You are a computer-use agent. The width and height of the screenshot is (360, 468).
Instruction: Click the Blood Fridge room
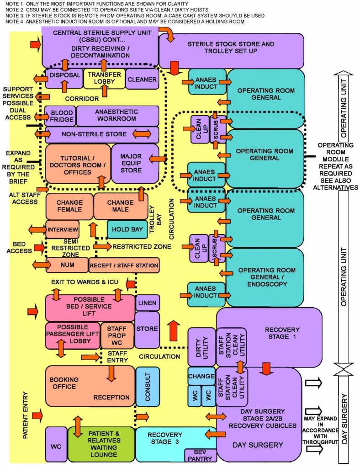coord(59,116)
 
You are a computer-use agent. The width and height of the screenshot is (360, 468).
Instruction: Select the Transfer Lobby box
coord(104,79)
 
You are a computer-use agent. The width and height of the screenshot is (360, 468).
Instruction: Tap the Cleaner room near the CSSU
coord(142,79)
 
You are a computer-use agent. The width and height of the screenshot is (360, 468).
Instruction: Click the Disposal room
coord(64,75)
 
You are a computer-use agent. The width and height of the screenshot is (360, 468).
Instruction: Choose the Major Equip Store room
coord(131,163)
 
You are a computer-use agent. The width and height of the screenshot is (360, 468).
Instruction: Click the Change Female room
coord(69,206)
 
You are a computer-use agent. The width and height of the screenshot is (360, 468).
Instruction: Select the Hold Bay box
coord(127,229)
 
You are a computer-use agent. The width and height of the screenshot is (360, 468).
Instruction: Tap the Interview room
coord(63,229)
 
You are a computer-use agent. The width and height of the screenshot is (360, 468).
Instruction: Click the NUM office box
coord(67,265)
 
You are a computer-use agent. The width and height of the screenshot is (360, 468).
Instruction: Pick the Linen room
coord(148,303)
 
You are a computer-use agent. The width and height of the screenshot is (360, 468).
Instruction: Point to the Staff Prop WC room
coord(118,335)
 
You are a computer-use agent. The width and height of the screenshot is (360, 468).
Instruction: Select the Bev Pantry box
coord(200,455)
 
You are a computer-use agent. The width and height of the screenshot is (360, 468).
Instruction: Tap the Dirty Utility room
coord(201,346)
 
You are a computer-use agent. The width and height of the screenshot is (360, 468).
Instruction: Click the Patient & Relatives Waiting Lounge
coord(101,444)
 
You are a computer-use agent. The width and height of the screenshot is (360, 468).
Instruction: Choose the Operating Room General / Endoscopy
coord(265,277)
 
